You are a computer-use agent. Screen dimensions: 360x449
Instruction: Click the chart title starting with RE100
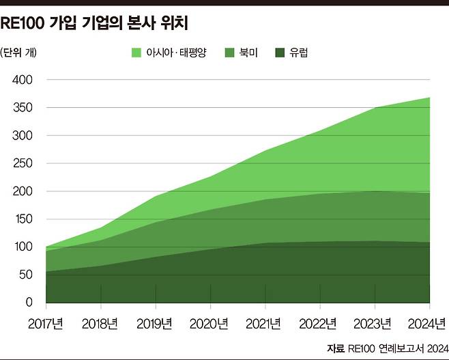pyautogui.click(x=94, y=24)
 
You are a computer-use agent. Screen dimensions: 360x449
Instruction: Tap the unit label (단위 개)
pyautogui.click(x=20, y=52)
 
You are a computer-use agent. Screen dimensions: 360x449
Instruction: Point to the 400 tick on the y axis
pyautogui.click(x=23, y=80)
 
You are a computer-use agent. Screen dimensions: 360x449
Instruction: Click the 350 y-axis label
pyautogui.click(x=23, y=108)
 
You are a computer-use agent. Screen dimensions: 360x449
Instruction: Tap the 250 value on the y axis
pyautogui.click(x=23, y=163)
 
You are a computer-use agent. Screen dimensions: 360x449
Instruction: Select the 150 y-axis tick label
pyautogui.click(x=23, y=219)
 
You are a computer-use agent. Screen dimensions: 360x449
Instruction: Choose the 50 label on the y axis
pyautogui.click(x=26, y=275)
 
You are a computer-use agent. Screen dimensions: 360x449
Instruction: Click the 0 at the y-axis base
pyautogui.click(x=29, y=303)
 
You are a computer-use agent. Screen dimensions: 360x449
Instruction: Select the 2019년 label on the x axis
pyautogui.click(x=154, y=322)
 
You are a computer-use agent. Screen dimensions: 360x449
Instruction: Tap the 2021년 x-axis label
pyautogui.click(x=265, y=322)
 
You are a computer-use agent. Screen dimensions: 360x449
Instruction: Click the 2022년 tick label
pyautogui.click(x=320, y=322)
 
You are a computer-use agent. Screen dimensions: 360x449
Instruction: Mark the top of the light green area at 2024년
pyautogui.click(x=430, y=98)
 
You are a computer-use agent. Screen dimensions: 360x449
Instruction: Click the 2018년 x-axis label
pyautogui.click(x=100, y=322)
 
